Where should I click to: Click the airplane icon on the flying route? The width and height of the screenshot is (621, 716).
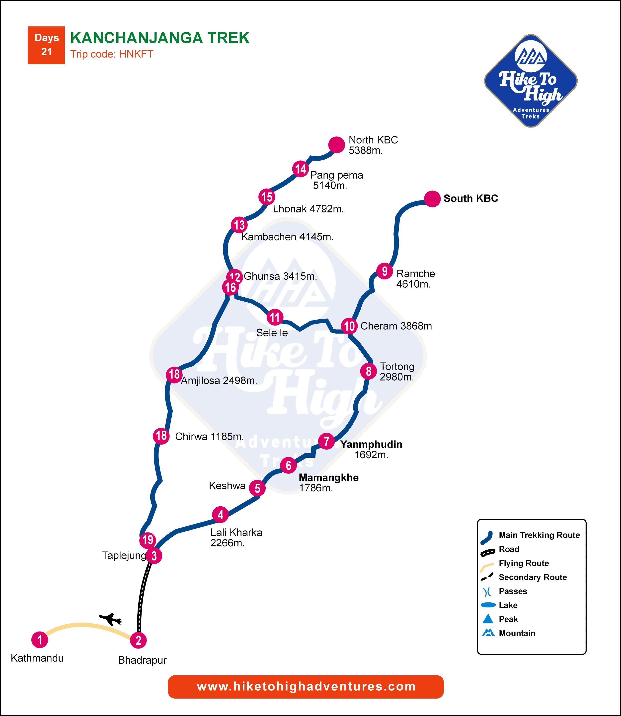click(x=110, y=619)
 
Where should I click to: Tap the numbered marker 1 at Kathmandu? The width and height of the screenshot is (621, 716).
click(x=40, y=640)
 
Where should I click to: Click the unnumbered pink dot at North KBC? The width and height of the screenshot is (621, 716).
click(x=336, y=144)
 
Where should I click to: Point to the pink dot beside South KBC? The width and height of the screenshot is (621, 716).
click(x=432, y=199)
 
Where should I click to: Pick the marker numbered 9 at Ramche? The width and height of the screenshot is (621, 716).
click(x=384, y=271)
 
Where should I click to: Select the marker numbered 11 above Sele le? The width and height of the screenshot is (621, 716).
click(x=275, y=317)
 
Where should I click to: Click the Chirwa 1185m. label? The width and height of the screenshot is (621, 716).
click(x=209, y=437)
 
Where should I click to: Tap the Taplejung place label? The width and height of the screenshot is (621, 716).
click(x=124, y=555)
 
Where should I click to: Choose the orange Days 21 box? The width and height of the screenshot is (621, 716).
click(x=46, y=45)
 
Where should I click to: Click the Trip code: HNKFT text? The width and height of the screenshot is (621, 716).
click(x=112, y=54)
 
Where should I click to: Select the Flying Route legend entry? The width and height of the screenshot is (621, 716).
click(x=523, y=563)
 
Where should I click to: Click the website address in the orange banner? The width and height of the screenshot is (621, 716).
click(x=306, y=687)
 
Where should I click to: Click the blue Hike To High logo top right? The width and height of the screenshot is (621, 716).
click(x=531, y=81)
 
